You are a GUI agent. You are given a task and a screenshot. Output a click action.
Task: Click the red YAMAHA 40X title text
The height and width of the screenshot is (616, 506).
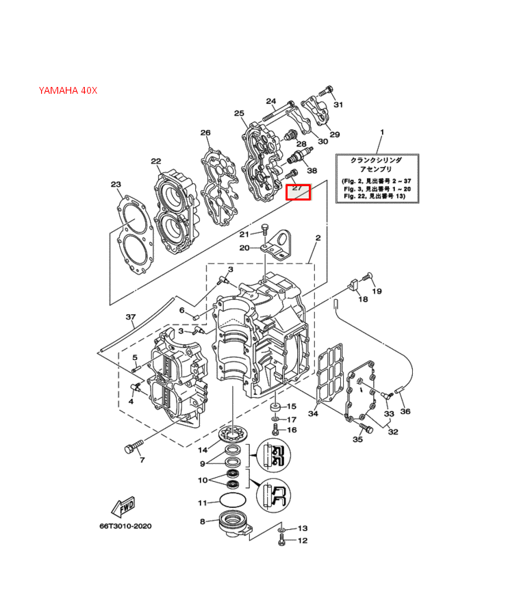[68, 90]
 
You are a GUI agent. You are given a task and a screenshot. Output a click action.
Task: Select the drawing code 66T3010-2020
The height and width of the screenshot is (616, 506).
[125, 526]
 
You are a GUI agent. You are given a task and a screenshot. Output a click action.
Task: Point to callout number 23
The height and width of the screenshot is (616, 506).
[116, 184]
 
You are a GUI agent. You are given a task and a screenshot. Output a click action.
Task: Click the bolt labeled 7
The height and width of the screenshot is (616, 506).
[134, 447]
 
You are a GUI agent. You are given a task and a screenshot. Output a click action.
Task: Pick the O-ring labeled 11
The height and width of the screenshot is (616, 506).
[233, 500]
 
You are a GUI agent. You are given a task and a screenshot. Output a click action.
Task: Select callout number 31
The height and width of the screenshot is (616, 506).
[338, 105]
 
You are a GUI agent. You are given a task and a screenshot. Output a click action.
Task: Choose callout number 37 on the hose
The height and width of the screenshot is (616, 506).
[130, 317]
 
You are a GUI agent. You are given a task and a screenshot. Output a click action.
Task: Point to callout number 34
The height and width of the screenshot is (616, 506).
[313, 413]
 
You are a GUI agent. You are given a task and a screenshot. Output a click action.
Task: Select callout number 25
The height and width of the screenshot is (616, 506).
[239, 113]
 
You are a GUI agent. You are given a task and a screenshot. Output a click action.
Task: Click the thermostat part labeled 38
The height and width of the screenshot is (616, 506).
[300, 155]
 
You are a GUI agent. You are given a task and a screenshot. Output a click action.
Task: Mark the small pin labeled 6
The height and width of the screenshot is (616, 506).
[196, 317]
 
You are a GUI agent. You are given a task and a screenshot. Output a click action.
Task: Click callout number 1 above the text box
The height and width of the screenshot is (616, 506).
[382, 132]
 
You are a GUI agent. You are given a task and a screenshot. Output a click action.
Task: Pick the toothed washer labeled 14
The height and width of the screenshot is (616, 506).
[233, 435]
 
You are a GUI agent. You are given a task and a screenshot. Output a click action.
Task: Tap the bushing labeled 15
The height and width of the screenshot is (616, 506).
[275, 407]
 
